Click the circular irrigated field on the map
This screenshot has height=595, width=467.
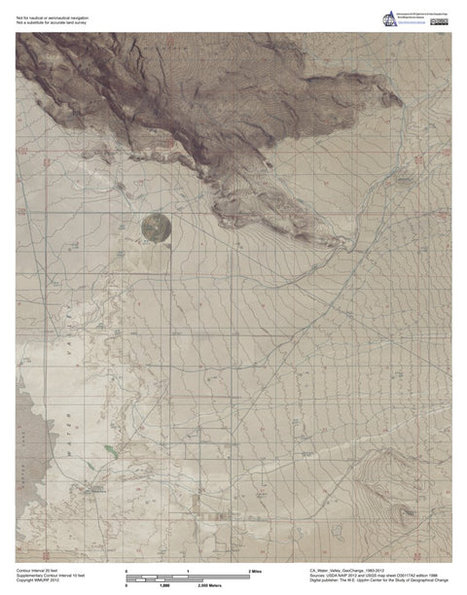(x=155, y=227)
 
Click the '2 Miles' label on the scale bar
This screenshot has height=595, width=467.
(x=257, y=568)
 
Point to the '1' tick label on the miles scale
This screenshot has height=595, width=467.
(x=188, y=568)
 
